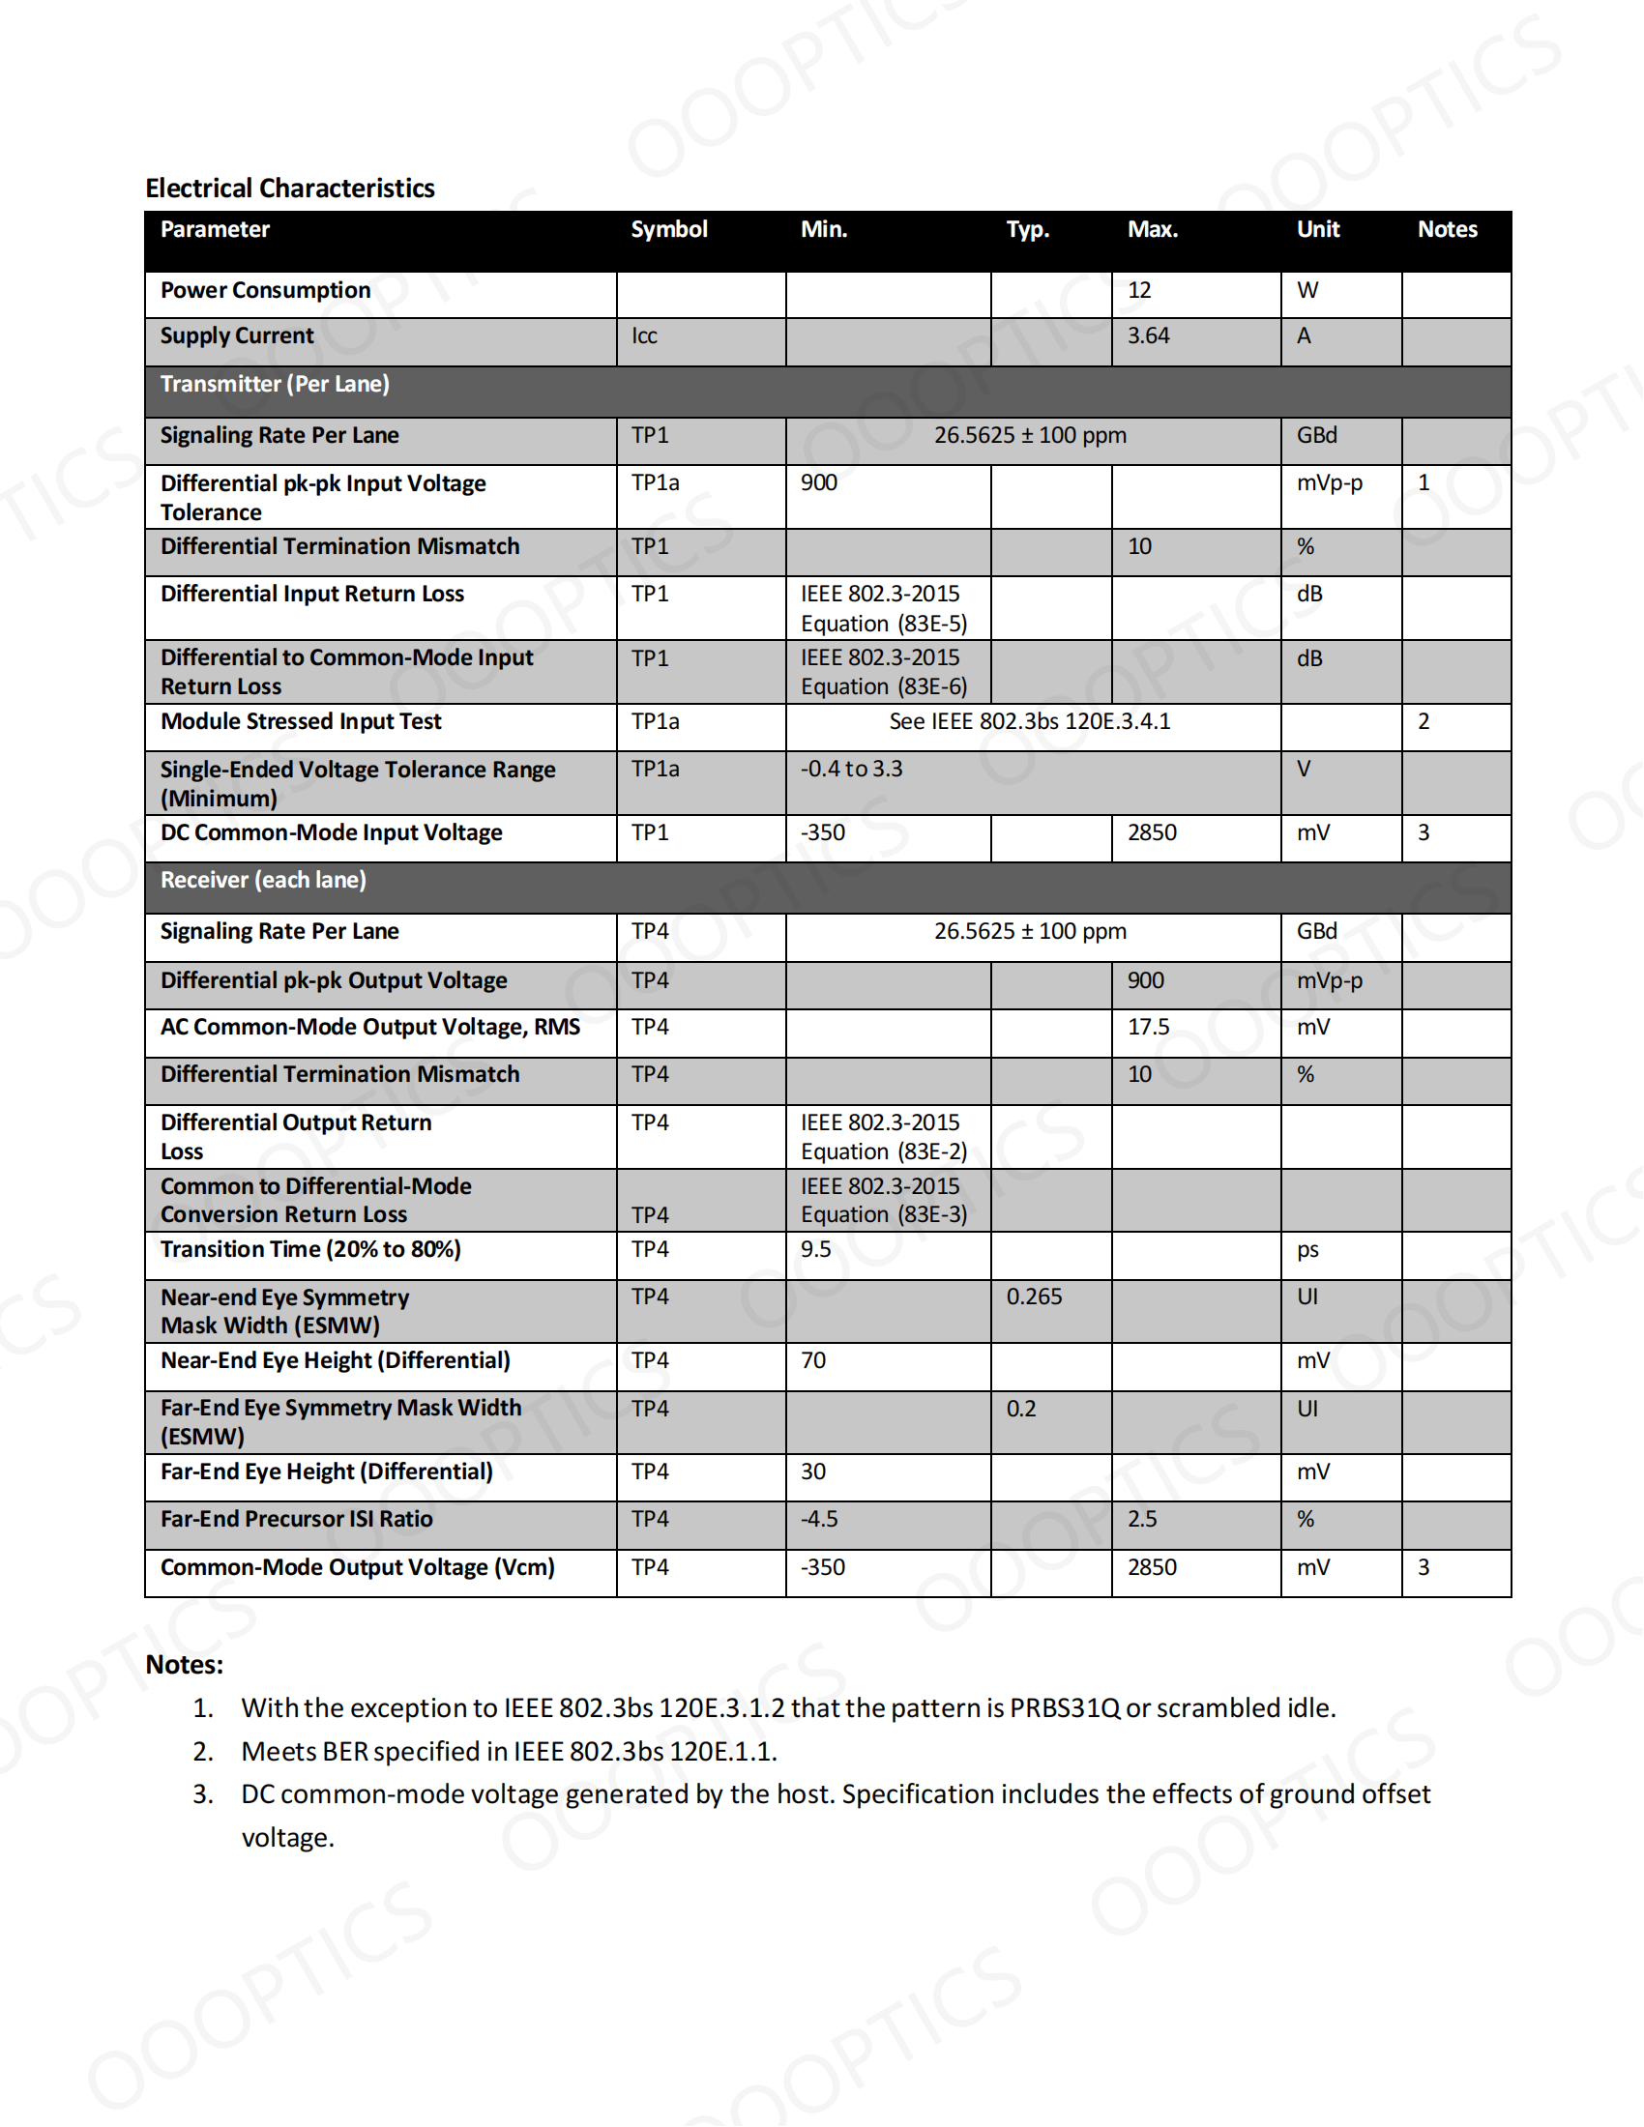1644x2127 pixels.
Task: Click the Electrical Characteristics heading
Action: pyautogui.click(x=289, y=188)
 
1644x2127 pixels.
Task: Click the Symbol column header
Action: pyautogui.click(x=668, y=230)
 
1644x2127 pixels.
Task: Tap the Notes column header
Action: pyautogui.click(x=1447, y=230)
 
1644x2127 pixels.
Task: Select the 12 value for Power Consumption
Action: pyautogui.click(x=1138, y=290)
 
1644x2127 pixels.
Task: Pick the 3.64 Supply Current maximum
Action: pyautogui.click(x=1147, y=336)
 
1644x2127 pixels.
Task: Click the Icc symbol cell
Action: pyautogui.click(x=644, y=336)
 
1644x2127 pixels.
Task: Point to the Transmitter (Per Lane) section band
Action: pyautogui.click(x=275, y=384)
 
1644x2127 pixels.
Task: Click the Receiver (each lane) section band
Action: pyautogui.click(x=263, y=880)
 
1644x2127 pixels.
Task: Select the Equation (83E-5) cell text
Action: pyautogui.click(x=883, y=624)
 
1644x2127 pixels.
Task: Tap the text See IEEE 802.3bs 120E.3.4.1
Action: pyautogui.click(x=1029, y=721)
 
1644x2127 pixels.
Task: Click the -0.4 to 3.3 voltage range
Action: pyautogui.click(x=851, y=769)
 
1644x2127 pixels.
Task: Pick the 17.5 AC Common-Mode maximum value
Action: pyautogui.click(x=1148, y=1027)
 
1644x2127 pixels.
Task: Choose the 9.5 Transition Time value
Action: pyautogui.click(x=815, y=1248)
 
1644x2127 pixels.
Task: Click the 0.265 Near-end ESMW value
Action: pyautogui.click(x=1034, y=1297)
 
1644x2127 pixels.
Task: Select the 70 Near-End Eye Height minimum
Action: pyautogui.click(x=813, y=1359)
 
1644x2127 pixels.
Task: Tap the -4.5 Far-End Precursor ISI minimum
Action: pyautogui.click(x=819, y=1518)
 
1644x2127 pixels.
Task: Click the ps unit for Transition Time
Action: pyautogui.click(x=1307, y=1248)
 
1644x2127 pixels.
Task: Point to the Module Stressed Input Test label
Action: pyautogui.click(x=300, y=721)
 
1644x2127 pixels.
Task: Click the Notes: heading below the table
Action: pyautogui.click(x=184, y=1665)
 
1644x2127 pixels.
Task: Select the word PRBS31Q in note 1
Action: pyautogui.click(x=1065, y=1707)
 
